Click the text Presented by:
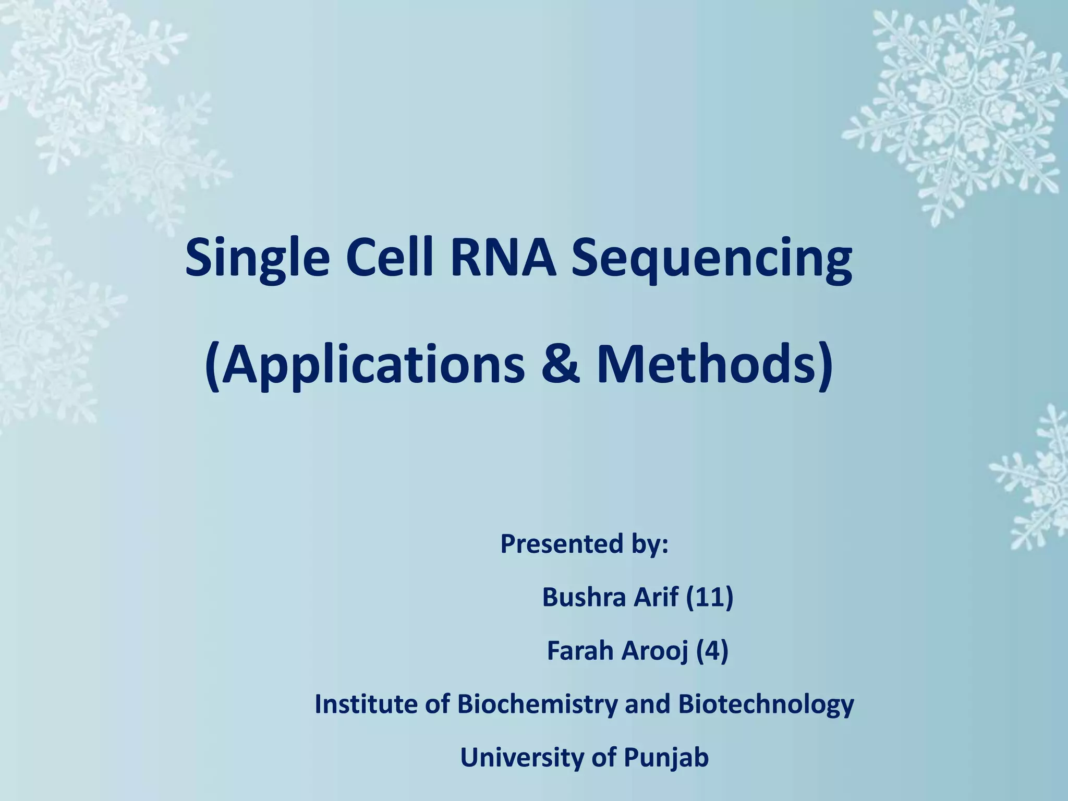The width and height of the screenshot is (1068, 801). click(584, 544)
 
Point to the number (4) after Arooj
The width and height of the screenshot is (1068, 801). click(712, 650)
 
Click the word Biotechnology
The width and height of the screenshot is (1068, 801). click(766, 704)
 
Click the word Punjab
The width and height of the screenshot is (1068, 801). click(666, 757)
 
